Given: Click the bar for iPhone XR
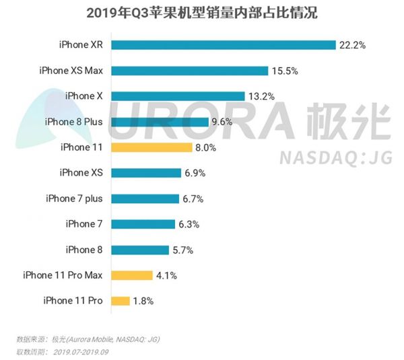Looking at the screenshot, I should pyautogui.click(x=223, y=45).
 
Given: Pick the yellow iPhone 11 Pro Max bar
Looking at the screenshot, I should pyautogui.click(x=132, y=275).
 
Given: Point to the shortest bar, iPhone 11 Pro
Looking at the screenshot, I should pyautogui.click(x=121, y=300).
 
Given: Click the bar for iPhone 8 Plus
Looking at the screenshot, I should pyautogui.click(x=160, y=121).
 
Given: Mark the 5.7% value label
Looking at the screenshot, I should pyautogui.click(x=184, y=250).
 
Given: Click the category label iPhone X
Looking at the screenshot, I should pyautogui.click(x=84, y=96).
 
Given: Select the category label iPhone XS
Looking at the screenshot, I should pyautogui.click(x=81, y=173).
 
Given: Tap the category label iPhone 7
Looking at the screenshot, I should pyautogui.click(x=84, y=224).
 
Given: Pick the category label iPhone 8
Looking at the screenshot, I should pyautogui.click(x=84, y=250).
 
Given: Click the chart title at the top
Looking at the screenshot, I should pyautogui.click(x=202, y=13).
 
